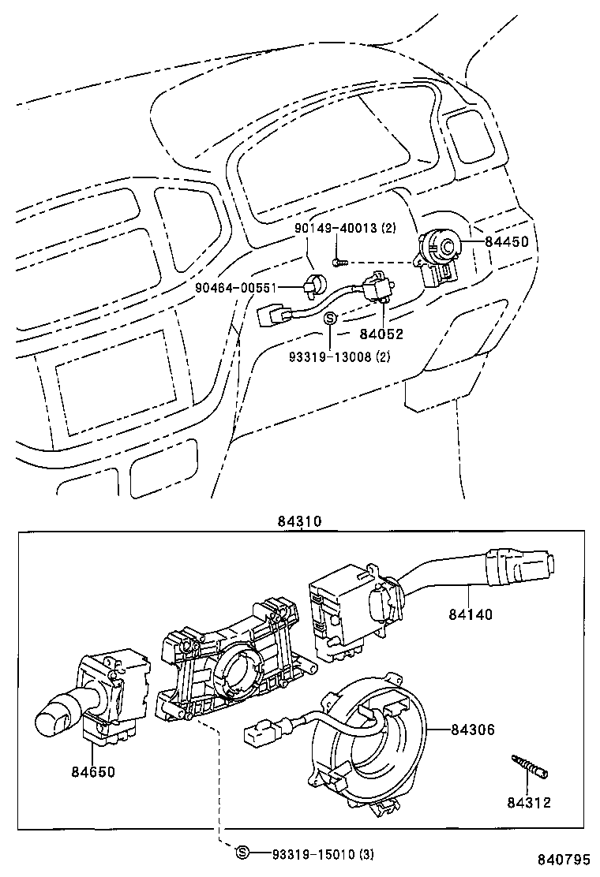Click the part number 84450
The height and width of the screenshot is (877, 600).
(506, 243)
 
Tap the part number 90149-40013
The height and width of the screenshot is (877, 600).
(335, 229)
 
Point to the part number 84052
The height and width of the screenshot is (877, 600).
(382, 334)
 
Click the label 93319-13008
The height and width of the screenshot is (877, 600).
(332, 356)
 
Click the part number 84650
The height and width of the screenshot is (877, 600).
(92, 771)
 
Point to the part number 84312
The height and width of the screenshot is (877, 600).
(529, 803)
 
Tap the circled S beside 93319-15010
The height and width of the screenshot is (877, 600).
(242, 853)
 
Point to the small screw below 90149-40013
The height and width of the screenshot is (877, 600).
(337, 260)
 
